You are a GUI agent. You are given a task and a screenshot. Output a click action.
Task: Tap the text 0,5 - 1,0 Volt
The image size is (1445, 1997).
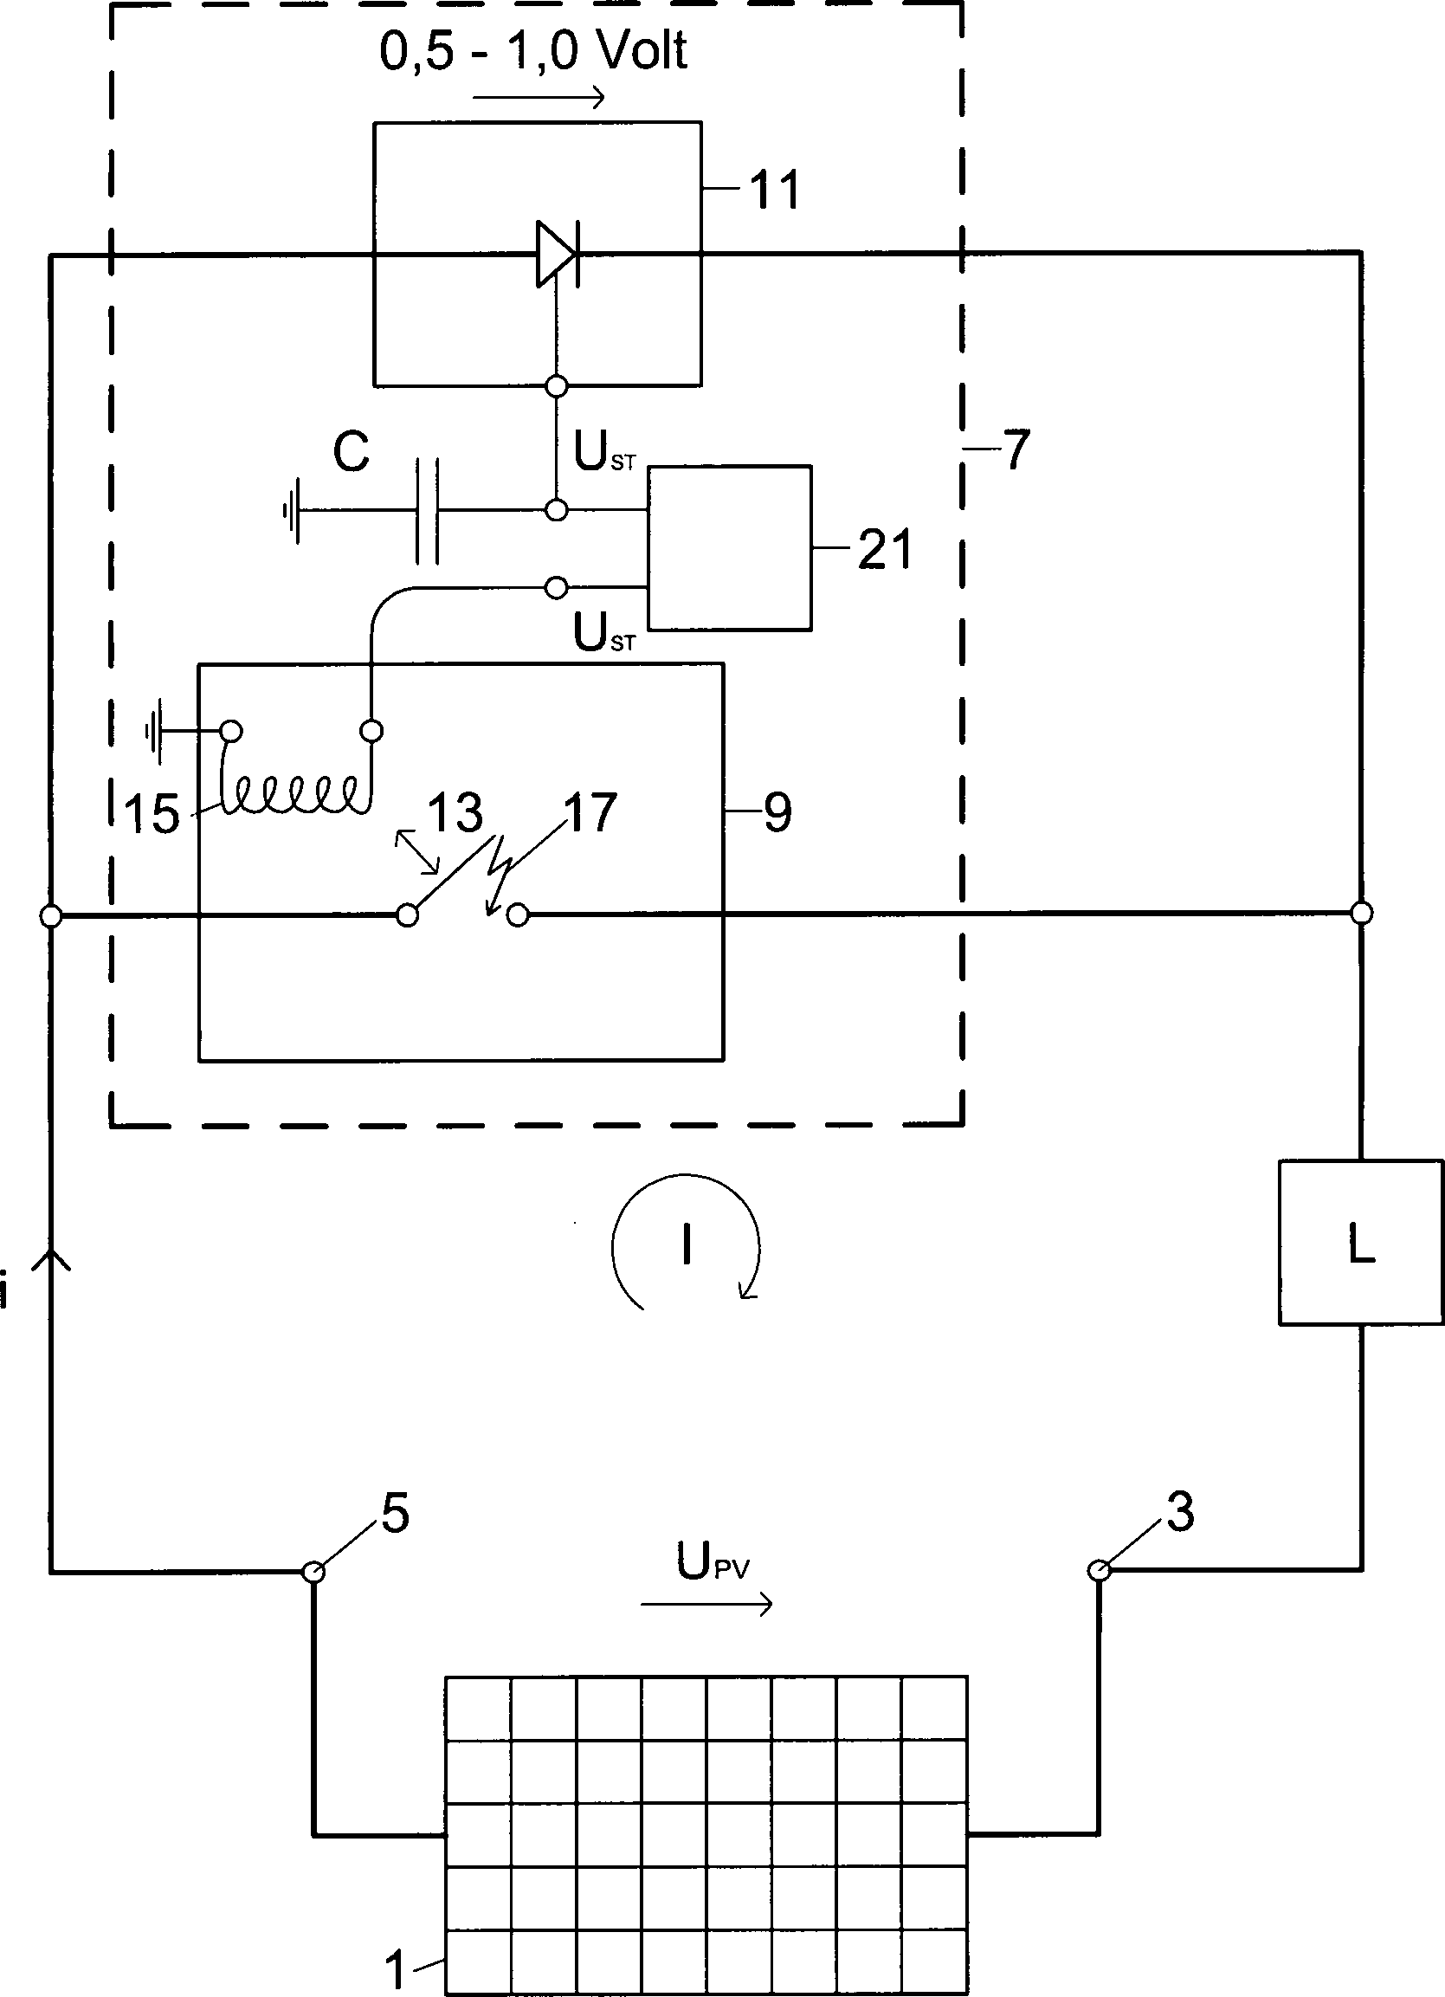click(x=533, y=51)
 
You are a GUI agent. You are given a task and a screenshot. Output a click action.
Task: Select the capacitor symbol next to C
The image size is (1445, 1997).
click(x=427, y=510)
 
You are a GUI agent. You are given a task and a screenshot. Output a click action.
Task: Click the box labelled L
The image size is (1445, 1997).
click(x=1360, y=1243)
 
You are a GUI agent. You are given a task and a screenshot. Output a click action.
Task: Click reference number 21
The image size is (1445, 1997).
click(x=884, y=549)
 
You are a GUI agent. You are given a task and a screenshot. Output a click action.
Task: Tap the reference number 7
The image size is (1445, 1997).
click(x=1016, y=450)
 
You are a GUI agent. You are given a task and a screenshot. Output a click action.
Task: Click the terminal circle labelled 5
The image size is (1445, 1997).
click(x=313, y=1571)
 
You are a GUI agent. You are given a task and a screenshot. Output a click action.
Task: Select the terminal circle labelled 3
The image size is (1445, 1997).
click(x=1098, y=1570)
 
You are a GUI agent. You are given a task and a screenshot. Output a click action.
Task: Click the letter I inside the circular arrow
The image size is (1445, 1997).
click(x=686, y=1246)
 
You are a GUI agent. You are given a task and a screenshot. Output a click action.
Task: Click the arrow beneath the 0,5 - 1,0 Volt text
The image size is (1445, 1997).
click(x=539, y=97)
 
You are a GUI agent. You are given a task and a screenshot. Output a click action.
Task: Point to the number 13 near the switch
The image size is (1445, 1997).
click(x=455, y=811)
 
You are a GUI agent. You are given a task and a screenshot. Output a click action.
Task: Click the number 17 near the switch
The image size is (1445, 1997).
click(x=590, y=811)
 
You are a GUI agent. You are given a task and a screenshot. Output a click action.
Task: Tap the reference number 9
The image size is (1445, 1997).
click(x=777, y=811)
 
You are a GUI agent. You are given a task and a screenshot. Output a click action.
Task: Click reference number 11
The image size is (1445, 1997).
click(x=775, y=190)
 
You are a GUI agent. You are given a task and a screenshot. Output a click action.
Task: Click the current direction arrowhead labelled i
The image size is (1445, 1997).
click(x=51, y=1261)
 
